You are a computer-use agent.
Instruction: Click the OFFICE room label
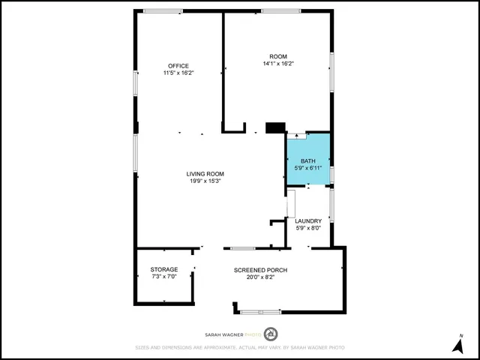[178, 66]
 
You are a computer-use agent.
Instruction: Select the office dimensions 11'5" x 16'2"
[178, 73]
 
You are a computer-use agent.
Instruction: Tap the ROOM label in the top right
[278, 57]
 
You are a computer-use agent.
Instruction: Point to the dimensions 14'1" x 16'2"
[278, 64]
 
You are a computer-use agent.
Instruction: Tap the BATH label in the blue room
[308, 161]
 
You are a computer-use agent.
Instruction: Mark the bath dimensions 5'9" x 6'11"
[308, 168]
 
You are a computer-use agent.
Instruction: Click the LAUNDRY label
[308, 220]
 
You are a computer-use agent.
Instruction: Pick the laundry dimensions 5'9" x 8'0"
[308, 228]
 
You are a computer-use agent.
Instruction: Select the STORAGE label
[164, 269]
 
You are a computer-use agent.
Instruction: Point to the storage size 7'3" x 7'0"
[164, 277]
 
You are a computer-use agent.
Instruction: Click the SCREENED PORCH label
[260, 270]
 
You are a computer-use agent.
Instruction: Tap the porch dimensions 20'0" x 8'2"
[260, 277]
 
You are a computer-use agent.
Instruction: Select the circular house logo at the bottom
[272, 334]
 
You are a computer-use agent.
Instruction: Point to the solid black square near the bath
[276, 127]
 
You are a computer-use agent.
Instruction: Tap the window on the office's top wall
[163, 11]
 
